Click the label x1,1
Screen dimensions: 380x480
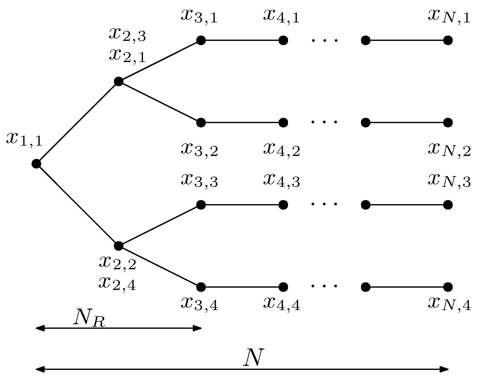24,139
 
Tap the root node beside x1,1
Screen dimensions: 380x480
36,164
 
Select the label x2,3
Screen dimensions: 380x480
127,35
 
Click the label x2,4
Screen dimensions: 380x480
117,284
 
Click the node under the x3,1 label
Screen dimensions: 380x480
201,40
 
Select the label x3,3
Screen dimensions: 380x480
199,181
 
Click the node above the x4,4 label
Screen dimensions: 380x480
283,287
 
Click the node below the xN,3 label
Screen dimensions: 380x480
448,205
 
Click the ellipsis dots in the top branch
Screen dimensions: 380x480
324,40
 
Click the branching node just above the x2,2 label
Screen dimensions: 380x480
118,246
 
